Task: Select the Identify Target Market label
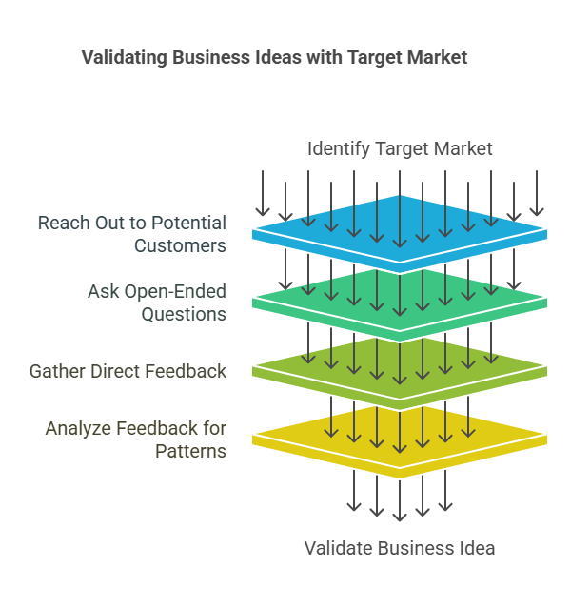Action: [x=400, y=149]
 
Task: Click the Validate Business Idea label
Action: [x=400, y=548]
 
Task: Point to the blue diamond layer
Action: [x=400, y=234]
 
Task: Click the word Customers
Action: [x=180, y=245]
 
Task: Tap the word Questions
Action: [x=184, y=315]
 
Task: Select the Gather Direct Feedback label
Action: [x=128, y=371]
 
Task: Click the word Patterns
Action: [x=190, y=452]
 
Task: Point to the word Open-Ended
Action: [x=175, y=292]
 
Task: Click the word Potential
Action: [x=188, y=223]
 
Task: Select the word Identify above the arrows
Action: [x=338, y=149]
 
